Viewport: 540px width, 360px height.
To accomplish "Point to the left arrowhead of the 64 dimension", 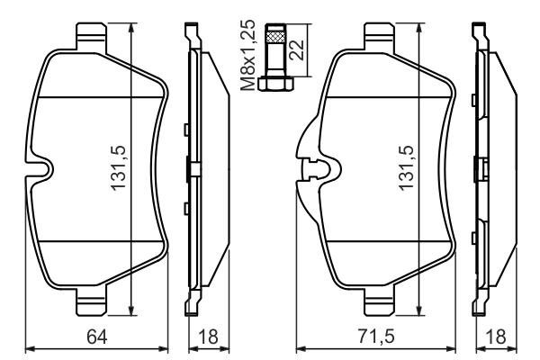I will (27, 346).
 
